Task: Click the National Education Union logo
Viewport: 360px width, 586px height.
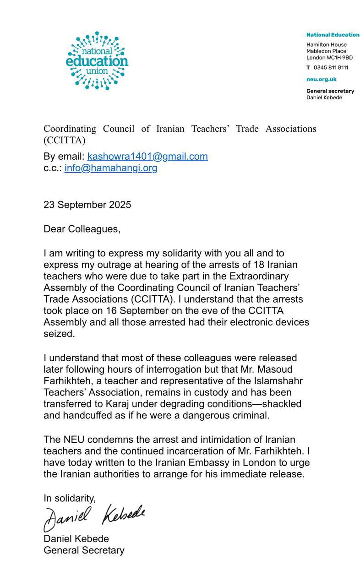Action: coord(97,61)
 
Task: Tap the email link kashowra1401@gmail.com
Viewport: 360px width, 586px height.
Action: coord(147,157)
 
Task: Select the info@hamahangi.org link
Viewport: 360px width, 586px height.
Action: coord(111,168)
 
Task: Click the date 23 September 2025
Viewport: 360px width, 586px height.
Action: coord(87,205)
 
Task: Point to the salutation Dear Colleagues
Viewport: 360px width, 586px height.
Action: coord(82,229)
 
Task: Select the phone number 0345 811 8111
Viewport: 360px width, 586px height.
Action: coord(331,68)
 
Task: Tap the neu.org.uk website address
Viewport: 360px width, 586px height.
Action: coord(321,79)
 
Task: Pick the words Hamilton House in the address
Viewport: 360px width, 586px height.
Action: coord(326,45)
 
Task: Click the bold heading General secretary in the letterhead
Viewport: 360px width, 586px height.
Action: coord(330,91)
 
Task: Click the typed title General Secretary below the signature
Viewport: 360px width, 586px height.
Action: coord(84,550)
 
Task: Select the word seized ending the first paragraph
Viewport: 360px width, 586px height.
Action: coord(59,334)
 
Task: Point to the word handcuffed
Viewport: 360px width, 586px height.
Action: coord(86,416)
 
